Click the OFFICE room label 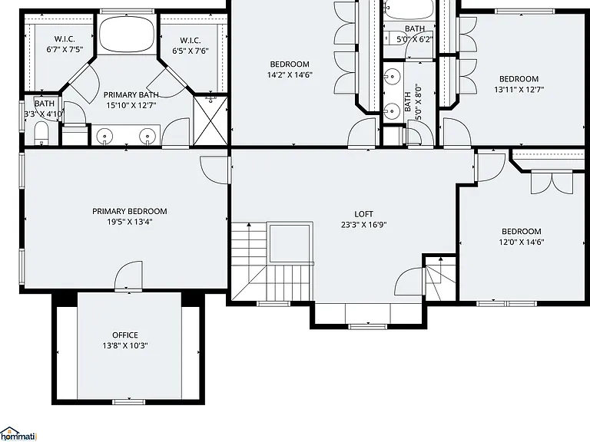[x=125, y=335]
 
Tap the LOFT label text [x=364, y=214]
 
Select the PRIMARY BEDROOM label [x=129, y=211]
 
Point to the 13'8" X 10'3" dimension [x=125, y=345]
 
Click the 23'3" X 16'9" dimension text [x=364, y=225]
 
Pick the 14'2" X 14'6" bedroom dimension [x=290, y=74]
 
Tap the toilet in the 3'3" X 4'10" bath [x=41, y=134]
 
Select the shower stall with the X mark [x=210, y=120]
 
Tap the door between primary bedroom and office [x=128, y=276]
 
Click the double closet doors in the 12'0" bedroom [x=552, y=183]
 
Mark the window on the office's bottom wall [x=129, y=402]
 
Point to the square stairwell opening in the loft [x=290, y=243]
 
